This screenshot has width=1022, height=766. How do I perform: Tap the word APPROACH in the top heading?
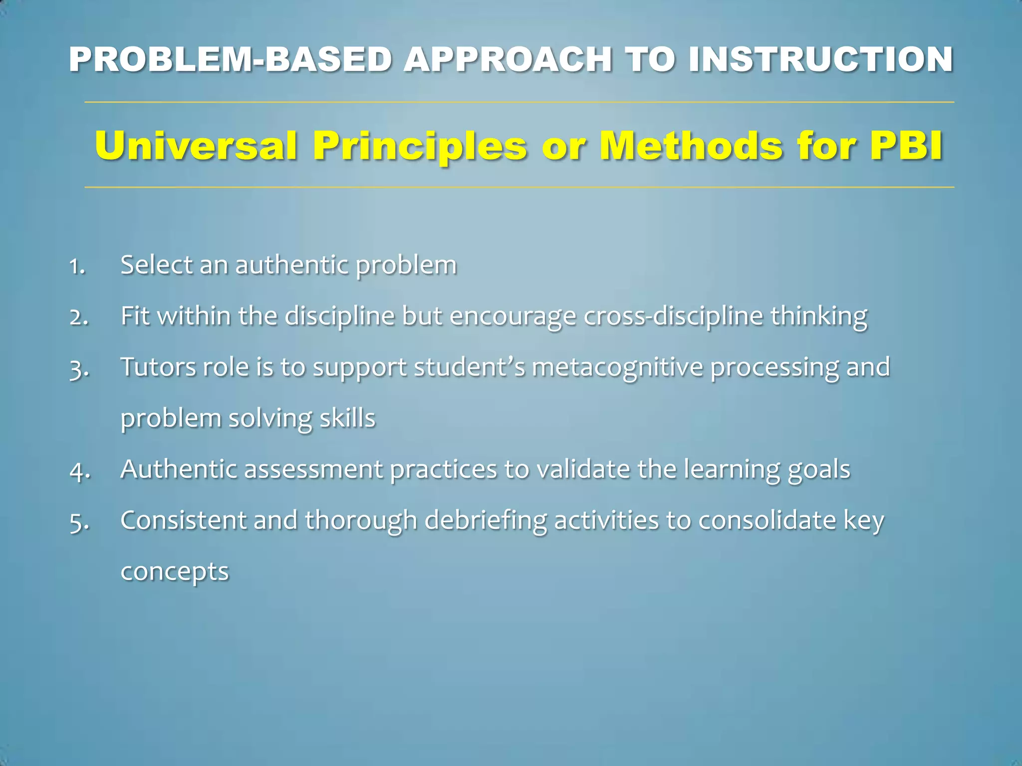[x=508, y=60]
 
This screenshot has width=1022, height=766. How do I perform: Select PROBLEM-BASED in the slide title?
[x=231, y=60]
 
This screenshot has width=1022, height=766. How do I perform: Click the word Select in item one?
[x=156, y=265]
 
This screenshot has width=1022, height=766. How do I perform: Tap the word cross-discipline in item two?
[x=673, y=316]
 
